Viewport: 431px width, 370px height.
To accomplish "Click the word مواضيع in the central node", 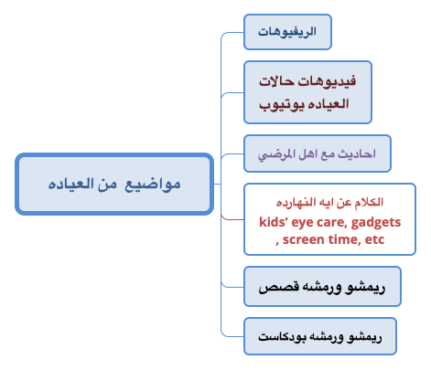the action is pos(153,185).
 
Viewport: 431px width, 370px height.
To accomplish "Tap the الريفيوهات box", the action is pos(287,32).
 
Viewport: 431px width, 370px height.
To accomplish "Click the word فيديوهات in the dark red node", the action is pos(327,81).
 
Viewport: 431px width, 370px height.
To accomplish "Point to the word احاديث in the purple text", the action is pos(357,153).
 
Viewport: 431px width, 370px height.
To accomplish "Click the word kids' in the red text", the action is pos(273,222).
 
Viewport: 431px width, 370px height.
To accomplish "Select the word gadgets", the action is pos(376,223).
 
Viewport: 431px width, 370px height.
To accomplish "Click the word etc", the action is pos(374,239).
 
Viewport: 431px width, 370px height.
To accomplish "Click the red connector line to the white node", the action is pos(232,217).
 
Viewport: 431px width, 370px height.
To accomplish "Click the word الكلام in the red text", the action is pos(369,202).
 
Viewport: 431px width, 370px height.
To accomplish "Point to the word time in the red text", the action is pos(341,239).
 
